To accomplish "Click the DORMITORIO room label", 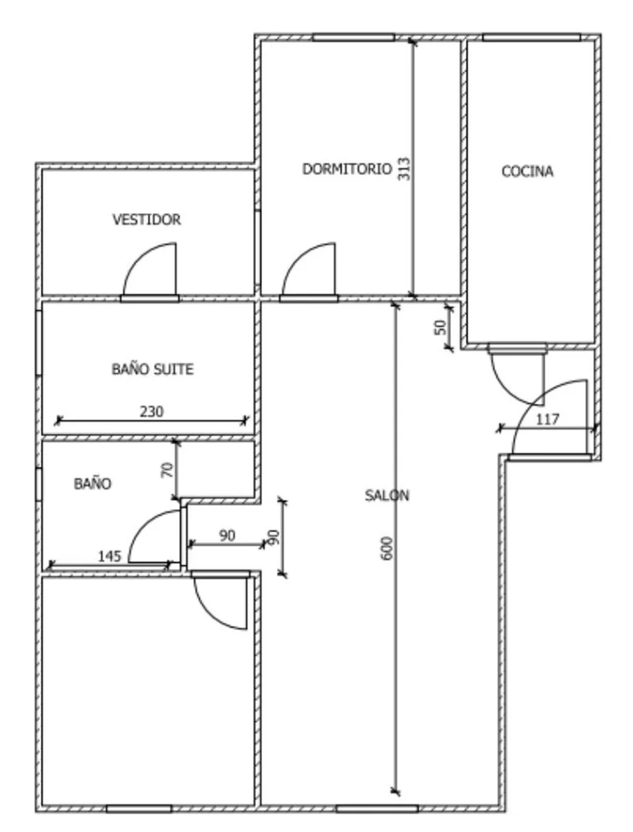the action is point(347,169).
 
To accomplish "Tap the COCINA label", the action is point(527,171).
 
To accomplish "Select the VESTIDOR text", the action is point(146,219).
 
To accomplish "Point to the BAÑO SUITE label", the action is point(153,369).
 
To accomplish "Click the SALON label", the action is point(387,496).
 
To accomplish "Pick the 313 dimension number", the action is point(404,169).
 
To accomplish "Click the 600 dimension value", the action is point(387,548).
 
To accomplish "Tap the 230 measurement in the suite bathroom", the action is point(151,411).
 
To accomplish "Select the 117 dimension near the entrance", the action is point(547,419).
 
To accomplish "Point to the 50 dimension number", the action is point(440,328).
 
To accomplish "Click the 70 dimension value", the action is point(167,470).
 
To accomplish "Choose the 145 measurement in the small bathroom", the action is point(109,556).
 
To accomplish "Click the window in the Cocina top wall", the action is point(531,37).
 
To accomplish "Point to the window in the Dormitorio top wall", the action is point(353,37).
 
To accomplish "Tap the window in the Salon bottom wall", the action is point(377,809).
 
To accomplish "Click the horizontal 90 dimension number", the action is point(227,535).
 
